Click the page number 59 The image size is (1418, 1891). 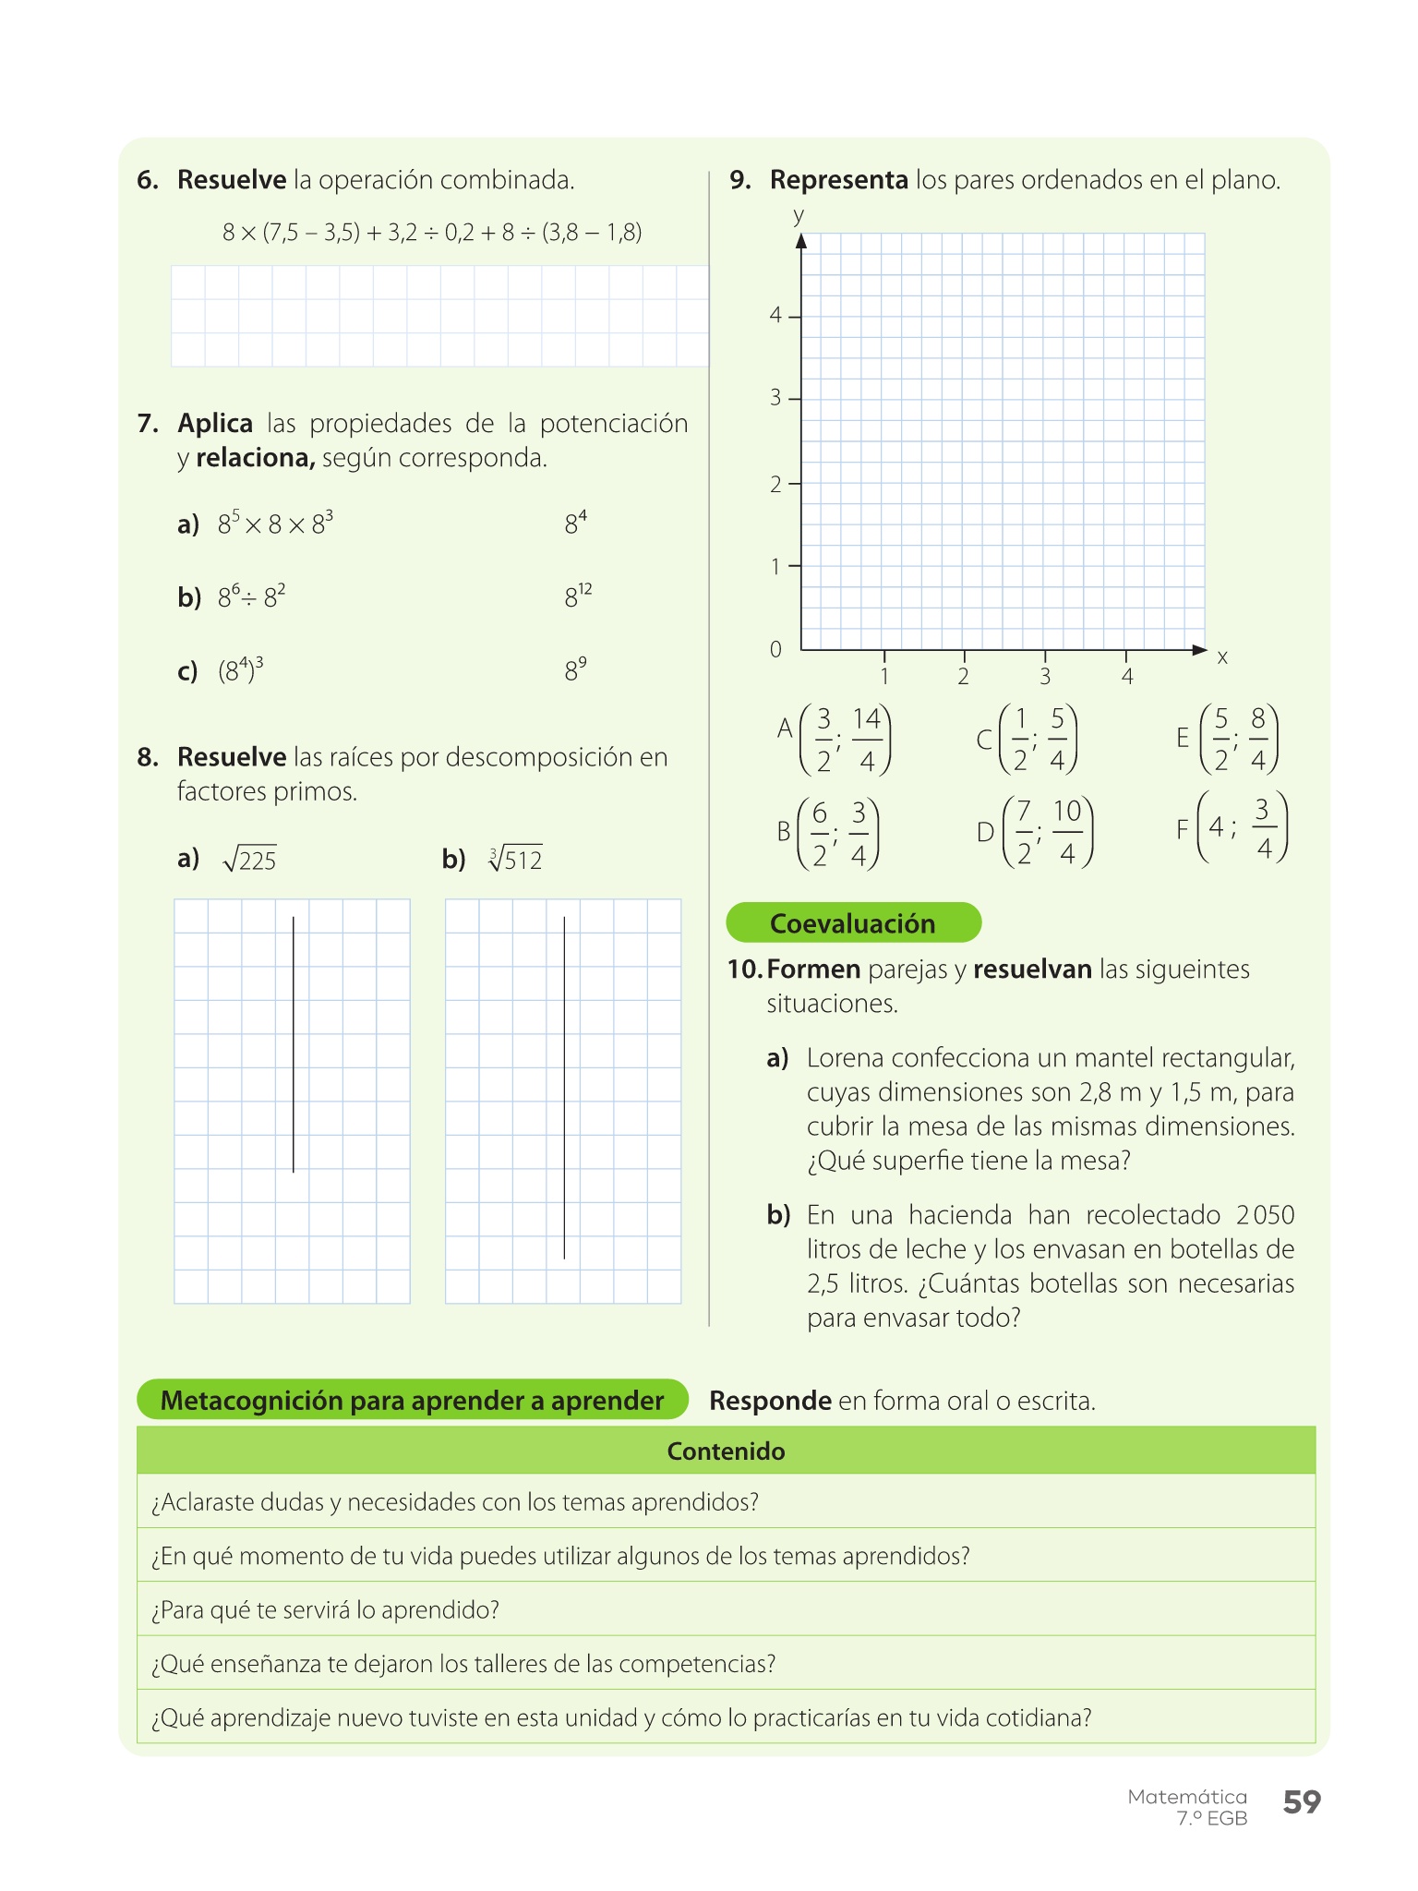(1302, 1802)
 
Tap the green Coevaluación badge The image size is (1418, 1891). (853, 923)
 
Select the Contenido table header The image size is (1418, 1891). (726, 1451)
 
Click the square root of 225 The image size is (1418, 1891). (250, 860)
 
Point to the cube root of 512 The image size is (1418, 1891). (515, 860)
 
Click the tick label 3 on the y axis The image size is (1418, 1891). (775, 398)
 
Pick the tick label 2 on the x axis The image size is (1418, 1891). (963, 677)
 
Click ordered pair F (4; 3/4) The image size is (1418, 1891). (1232, 828)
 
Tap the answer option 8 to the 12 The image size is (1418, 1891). (578, 596)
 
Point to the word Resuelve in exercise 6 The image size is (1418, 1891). (232, 180)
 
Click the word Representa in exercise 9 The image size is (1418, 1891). (838, 180)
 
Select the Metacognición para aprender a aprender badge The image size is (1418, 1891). (412, 1401)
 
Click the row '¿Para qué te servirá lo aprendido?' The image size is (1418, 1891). (325, 1610)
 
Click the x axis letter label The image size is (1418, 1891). (1222, 657)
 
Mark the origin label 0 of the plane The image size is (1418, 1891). (775, 650)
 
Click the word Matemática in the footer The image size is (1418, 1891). (1186, 1797)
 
